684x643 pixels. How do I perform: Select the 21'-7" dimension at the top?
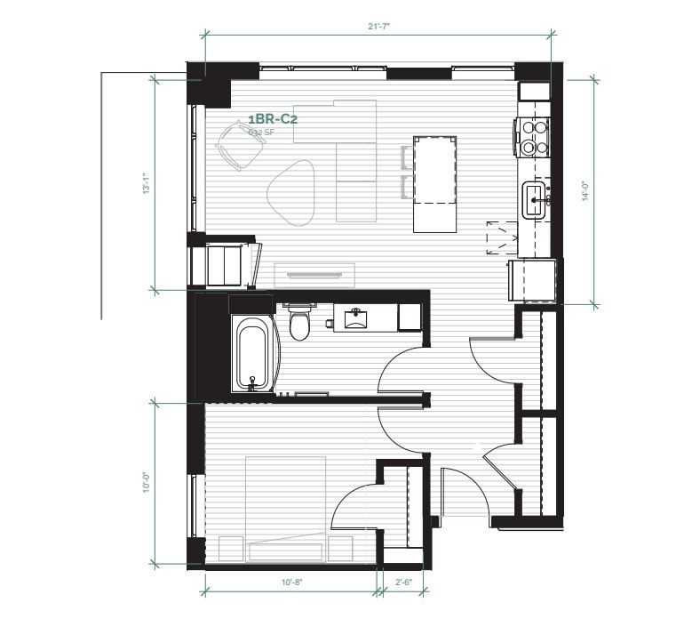point(379,27)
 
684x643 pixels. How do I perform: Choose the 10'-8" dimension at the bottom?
point(292,583)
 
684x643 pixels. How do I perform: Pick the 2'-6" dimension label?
point(402,583)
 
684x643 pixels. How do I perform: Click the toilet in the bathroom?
point(299,323)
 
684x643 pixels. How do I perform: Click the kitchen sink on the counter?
point(536,198)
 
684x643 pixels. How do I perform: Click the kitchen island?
point(435,183)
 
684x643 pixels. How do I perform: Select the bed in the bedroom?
point(285,507)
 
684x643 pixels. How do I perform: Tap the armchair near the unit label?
point(238,145)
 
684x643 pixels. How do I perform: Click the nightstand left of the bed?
point(231,549)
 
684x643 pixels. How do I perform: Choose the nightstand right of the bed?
point(341,549)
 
